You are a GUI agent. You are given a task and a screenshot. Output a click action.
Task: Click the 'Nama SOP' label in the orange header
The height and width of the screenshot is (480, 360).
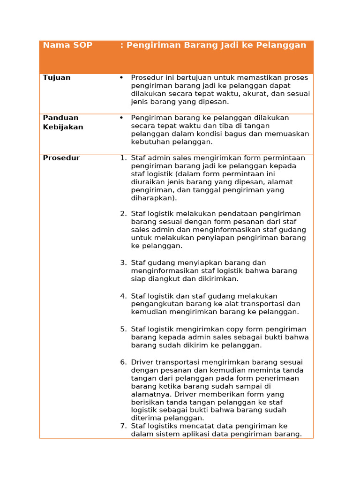coord(67,45)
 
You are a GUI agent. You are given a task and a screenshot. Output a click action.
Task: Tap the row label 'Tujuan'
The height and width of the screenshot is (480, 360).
coord(57,78)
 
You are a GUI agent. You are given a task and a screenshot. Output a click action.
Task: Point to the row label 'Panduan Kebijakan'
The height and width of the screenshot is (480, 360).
coord(63,122)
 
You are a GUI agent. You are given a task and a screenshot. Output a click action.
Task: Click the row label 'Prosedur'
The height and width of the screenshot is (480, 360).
coord(61,158)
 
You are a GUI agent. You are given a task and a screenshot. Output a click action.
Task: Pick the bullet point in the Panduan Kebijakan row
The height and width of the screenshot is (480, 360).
coord(121,118)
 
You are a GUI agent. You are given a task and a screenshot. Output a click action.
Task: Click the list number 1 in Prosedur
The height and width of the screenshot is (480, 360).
coord(123,158)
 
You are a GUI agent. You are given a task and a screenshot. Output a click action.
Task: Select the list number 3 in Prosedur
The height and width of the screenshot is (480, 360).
coord(123,263)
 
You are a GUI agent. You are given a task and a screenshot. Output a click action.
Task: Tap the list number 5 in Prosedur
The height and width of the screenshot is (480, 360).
coord(123,330)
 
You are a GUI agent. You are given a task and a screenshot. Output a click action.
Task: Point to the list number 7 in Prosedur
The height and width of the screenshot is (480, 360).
coord(123,426)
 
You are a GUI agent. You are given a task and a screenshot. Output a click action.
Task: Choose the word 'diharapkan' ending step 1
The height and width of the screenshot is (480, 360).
coord(151,198)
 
